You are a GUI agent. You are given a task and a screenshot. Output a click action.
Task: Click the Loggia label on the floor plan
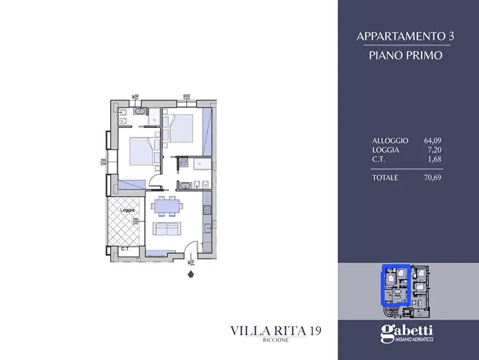pos(127,211)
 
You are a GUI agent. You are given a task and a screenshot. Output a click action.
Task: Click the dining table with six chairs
pos(166,205)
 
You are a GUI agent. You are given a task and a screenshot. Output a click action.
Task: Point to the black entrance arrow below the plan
pos(190,275)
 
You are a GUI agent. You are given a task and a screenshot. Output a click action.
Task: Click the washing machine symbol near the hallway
pos(183,163)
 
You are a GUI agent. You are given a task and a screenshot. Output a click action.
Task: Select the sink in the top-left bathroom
pos(140,112)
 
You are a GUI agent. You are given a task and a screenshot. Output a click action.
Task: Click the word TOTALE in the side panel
pos(385,178)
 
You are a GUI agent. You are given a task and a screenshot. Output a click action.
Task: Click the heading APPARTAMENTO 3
pos(406,37)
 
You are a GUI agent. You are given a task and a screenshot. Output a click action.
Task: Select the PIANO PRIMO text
pos(406,55)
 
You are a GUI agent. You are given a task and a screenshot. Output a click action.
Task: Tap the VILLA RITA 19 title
pos(276,330)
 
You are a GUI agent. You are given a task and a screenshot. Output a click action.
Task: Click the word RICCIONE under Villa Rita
pos(276,341)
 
